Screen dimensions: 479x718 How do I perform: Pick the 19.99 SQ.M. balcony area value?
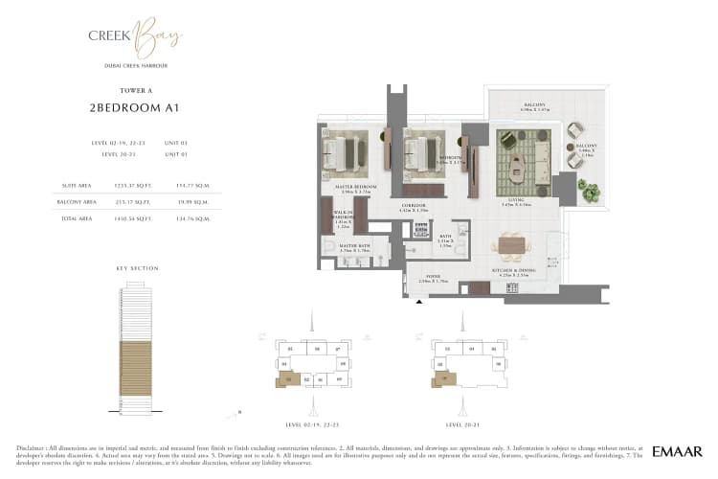189,201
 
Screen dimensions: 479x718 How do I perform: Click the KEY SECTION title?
138,268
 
